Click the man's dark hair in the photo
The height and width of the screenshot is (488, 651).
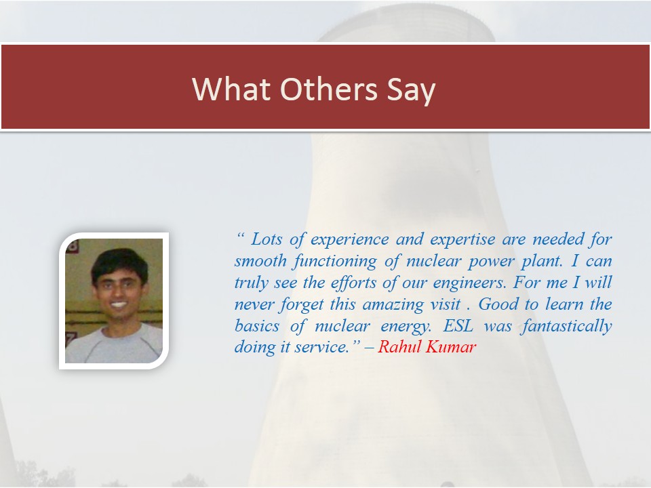(119, 264)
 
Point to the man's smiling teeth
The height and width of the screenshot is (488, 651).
(119, 304)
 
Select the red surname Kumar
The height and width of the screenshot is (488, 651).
(451, 346)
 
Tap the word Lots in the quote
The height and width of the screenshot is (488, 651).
(267, 239)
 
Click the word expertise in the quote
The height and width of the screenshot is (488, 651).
(462, 240)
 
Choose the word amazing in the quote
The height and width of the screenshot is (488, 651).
(393, 304)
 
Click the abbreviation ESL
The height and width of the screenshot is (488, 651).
(458, 325)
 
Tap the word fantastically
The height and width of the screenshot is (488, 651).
(567, 326)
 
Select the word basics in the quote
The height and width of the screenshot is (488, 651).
(256, 325)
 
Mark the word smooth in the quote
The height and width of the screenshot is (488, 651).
(260, 260)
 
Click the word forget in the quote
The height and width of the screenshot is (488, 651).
(301, 304)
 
